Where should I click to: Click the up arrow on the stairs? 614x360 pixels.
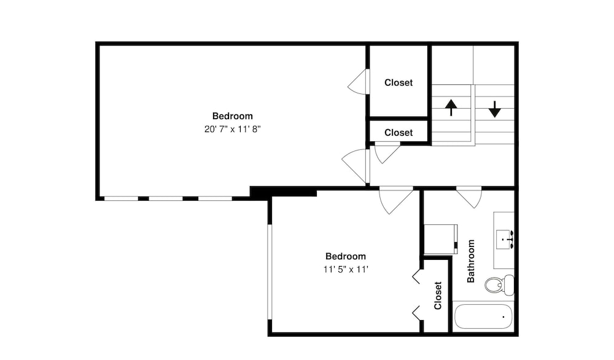click(x=451, y=108)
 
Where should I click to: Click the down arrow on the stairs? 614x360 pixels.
click(x=495, y=109)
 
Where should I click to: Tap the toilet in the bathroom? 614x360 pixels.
click(x=499, y=285)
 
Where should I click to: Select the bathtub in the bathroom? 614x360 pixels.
click(x=483, y=316)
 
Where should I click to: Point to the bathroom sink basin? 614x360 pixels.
click(x=503, y=240)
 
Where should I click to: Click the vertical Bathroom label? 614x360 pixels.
click(x=471, y=261)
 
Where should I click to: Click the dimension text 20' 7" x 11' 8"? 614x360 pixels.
click(x=233, y=129)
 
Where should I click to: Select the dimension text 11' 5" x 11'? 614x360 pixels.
click(x=346, y=269)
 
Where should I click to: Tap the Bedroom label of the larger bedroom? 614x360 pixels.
click(x=233, y=116)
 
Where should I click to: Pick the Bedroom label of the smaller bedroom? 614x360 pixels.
click(x=346, y=256)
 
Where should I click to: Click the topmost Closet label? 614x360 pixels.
click(x=398, y=83)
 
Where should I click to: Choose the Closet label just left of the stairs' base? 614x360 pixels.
click(x=398, y=133)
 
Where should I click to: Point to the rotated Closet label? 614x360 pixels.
click(x=438, y=295)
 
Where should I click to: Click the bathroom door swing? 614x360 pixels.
click(x=469, y=197)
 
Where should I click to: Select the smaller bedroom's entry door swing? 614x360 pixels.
click(x=395, y=200)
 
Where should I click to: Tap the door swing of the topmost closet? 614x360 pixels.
click(x=359, y=82)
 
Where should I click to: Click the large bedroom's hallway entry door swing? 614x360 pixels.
click(x=356, y=166)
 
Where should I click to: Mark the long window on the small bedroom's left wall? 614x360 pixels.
click(x=270, y=272)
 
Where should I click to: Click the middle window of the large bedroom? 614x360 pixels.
click(x=166, y=198)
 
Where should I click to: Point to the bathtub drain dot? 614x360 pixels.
click(x=503, y=316)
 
